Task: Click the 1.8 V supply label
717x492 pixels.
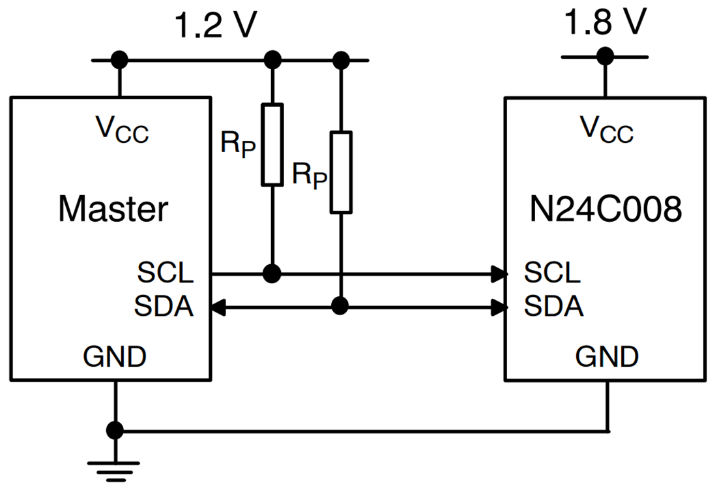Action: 605,22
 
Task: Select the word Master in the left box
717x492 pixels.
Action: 113,209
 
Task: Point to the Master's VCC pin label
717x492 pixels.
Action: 123,129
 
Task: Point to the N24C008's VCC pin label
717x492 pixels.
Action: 607,129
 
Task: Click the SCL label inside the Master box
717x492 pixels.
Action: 166,273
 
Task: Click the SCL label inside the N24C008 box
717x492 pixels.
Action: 551,273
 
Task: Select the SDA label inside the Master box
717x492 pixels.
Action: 164,306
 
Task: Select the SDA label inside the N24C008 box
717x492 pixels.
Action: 553,306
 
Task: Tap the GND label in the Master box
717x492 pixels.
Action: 115,357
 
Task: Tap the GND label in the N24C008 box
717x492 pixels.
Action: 607,357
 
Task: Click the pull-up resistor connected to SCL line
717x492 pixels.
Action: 272,144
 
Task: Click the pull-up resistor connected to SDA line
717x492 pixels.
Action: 341,172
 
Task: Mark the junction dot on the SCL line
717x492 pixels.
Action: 272,273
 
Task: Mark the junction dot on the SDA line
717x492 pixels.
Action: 340,306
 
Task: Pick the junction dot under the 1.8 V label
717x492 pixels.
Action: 606,57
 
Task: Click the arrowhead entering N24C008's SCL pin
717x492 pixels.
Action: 501,273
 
